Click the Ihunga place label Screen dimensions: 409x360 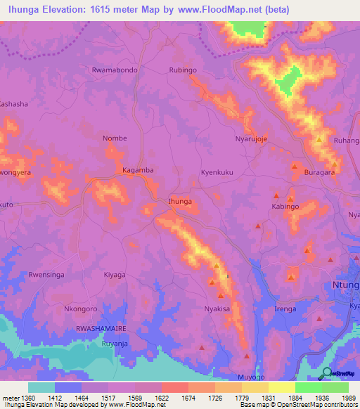pos(180,202)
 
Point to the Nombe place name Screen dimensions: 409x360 pos(115,138)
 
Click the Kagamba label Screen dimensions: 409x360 pos(138,170)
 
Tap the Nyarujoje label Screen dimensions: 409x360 pos(251,139)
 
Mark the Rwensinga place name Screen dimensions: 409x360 pos(47,275)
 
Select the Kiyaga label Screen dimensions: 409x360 pos(115,275)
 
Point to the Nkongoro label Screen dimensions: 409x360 pos(80,309)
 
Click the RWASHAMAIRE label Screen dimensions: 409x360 pos(101,329)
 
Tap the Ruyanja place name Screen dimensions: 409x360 pos(115,344)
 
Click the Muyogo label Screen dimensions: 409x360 pos(251,377)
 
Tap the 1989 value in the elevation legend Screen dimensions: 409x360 pos(349,398)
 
